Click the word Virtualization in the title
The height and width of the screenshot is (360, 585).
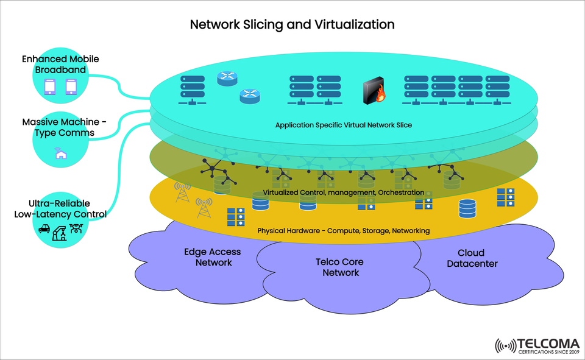tap(355, 24)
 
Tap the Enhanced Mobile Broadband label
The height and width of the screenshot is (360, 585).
tap(60, 65)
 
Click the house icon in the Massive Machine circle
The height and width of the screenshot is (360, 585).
tap(60, 154)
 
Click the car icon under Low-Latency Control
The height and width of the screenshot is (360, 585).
tap(44, 230)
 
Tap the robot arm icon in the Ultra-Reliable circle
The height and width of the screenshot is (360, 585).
tap(60, 231)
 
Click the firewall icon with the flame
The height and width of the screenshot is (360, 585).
tap(374, 91)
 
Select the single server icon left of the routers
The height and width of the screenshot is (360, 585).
tap(191, 90)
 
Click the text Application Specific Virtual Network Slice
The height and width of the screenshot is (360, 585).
tap(344, 125)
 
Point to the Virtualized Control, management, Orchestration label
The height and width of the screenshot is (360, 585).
tap(344, 192)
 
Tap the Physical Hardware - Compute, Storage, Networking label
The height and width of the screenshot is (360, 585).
tap(344, 231)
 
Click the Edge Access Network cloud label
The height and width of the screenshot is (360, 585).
tap(213, 257)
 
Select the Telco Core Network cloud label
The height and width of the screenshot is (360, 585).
tap(340, 267)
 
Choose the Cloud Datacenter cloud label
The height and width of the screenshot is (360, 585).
tap(472, 258)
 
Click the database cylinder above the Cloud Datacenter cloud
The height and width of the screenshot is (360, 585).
tap(467, 208)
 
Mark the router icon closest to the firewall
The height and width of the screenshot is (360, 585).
tap(249, 95)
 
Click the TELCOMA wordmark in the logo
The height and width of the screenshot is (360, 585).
tap(548, 344)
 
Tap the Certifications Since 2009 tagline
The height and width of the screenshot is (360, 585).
tap(548, 353)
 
